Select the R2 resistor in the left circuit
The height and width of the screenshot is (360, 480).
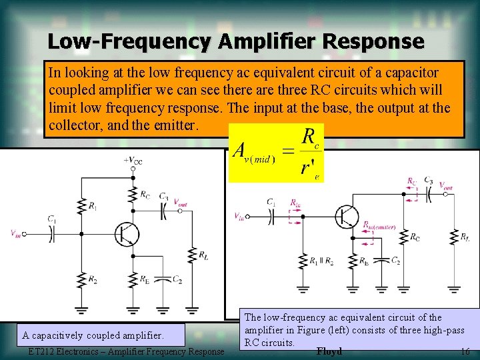(81, 281)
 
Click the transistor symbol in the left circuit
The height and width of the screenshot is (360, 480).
(125, 233)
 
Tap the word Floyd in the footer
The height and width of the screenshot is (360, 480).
(329, 351)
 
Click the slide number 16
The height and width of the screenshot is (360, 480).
(465, 351)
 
